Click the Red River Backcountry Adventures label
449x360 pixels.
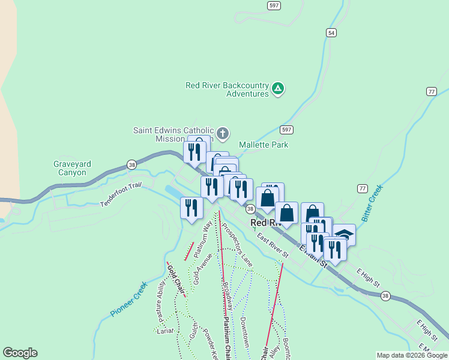click(x=227, y=89)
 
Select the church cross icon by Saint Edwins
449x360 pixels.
click(x=222, y=133)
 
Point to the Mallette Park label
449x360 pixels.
click(x=264, y=145)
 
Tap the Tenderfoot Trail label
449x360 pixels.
click(x=121, y=196)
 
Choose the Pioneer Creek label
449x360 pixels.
click(x=128, y=299)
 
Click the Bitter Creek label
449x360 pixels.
click(x=373, y=202)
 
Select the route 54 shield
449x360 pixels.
click(x=331, y=33)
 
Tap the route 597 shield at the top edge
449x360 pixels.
click(x=274, y=4)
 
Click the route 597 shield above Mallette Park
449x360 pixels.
click(x=286, y=130)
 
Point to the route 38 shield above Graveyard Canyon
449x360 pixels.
click(x=131, y=165)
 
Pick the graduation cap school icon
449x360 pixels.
click(x=345, y=235)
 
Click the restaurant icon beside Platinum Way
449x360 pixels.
click(x=191, y=208)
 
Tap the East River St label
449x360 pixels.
click(x=273, y=247)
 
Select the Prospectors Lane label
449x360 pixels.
click(x=237, y=245)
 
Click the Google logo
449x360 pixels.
click(x=20, y=353)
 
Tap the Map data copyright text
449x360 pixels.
click(x=412, y=355)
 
